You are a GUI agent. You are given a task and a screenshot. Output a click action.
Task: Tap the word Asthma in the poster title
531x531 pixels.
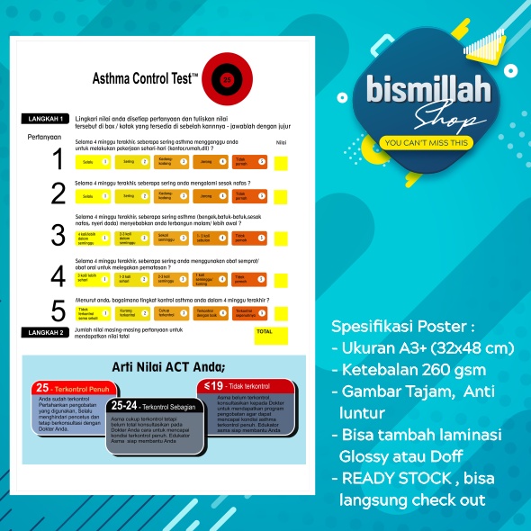pos(112,79)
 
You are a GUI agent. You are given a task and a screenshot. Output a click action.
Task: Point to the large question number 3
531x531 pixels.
pos(58,236)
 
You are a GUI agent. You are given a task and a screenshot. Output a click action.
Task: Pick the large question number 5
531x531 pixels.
pos(58,311)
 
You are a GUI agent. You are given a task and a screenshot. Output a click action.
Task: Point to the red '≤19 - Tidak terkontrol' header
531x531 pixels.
pos(238,385)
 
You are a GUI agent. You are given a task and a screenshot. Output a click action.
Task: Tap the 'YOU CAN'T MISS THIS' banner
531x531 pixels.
pos(426,142)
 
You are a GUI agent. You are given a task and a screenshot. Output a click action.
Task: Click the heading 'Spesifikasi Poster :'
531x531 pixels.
pos(390,326)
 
